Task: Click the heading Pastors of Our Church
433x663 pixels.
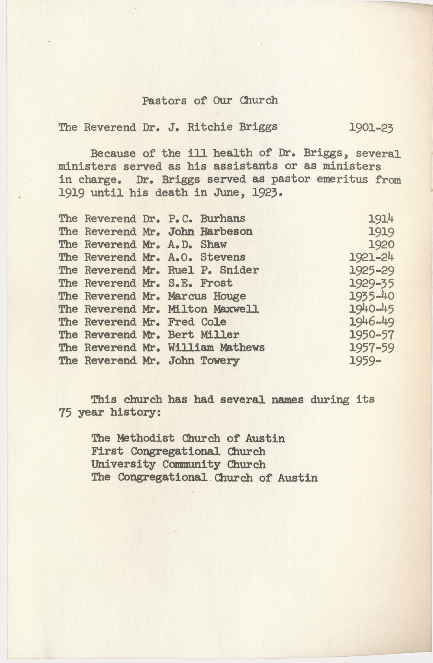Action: coord(210,101)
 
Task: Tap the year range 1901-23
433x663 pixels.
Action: coord(371,127)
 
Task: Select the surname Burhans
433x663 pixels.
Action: coord(223,219)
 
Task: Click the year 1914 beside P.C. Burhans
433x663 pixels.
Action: coord(381,219)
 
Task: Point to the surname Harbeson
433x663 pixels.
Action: coord(226,231)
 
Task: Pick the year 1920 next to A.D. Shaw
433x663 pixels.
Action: coord(381,245)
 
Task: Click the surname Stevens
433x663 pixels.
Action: coord(223,258)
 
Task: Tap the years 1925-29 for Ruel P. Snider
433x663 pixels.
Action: coord(372,271)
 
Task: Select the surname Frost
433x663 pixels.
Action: coord(216,283)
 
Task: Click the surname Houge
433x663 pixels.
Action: coord(229,296)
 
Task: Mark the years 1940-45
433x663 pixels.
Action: coord(372,309)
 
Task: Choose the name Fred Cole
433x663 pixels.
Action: coord(197,322)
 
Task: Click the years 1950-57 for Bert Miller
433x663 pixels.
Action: coord(372,335)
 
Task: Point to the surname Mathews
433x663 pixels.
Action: coord(242,348)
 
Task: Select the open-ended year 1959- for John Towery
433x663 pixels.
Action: coord(365,361)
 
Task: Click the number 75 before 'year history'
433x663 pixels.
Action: coord(65,413)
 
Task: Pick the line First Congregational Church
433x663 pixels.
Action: coord(178,452)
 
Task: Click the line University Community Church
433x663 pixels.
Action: coord(178,465)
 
